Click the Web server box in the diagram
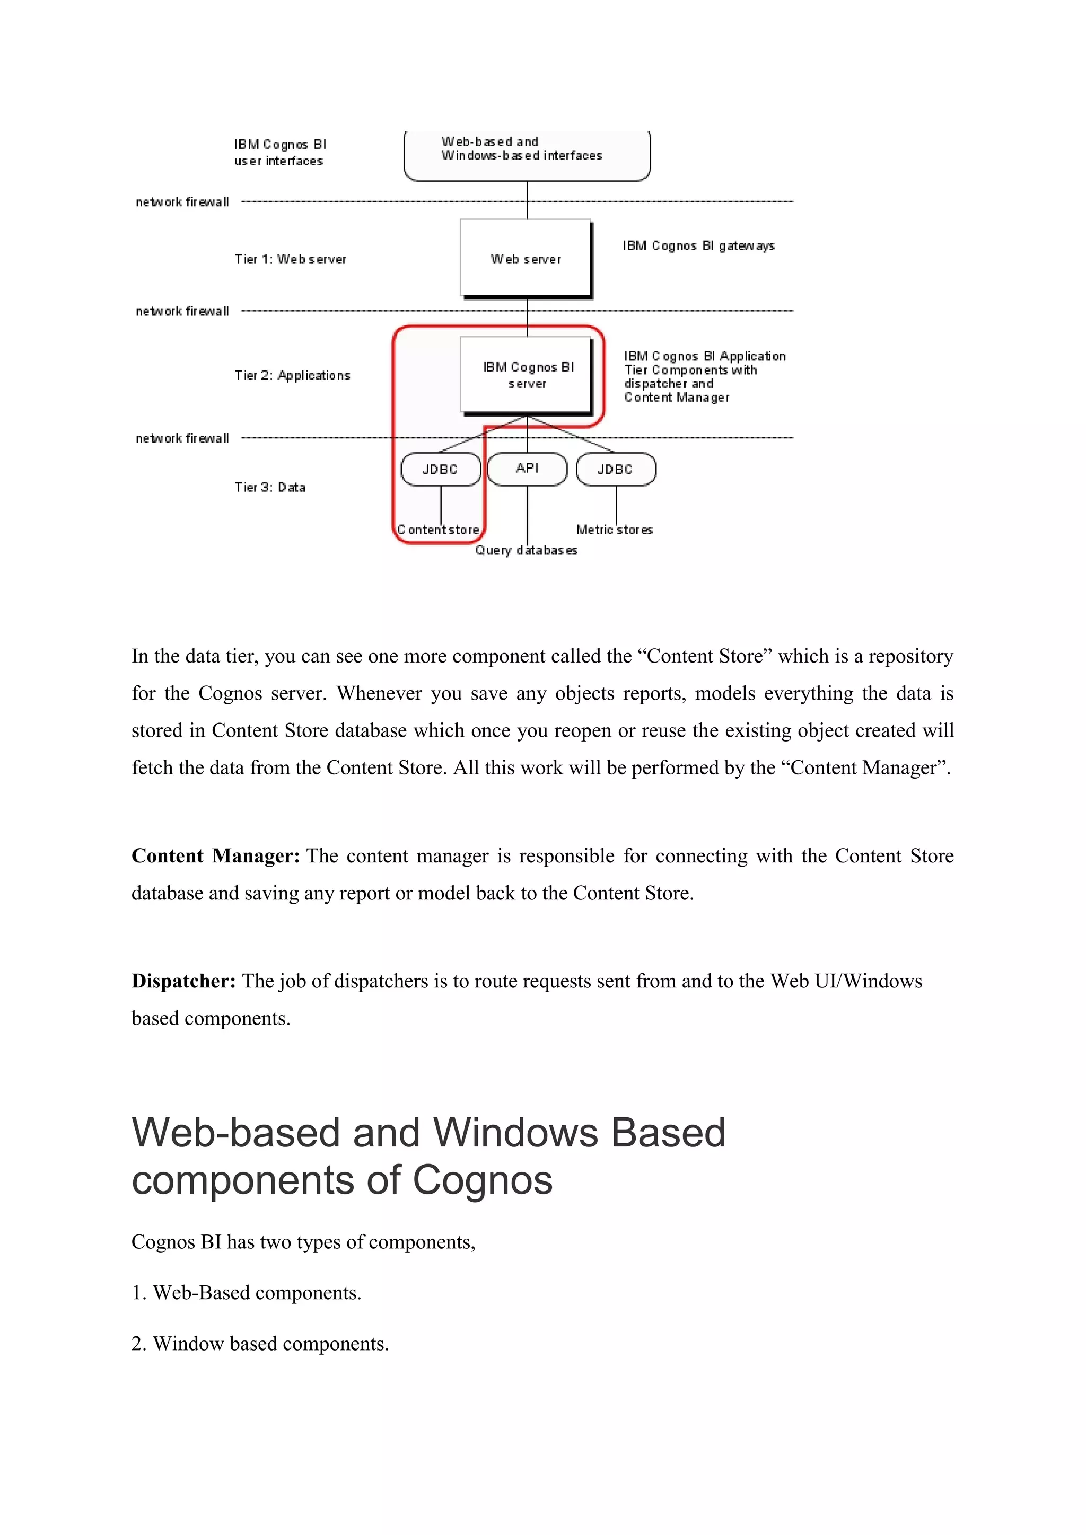(526, 258)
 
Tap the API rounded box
(527, 469)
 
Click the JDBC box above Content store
(440, 469)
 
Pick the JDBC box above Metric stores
(615, 469)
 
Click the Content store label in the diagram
(439, 530)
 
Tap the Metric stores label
(614, 530)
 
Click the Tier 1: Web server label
(290, 259)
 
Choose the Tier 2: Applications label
(292, 375)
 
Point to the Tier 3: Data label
(269, 488)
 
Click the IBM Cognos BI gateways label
(698, 246)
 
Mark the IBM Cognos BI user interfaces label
(279, 153)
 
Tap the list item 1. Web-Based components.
(246, 1292)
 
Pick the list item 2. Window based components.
(260, 1343)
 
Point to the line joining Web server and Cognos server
(527, 317)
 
